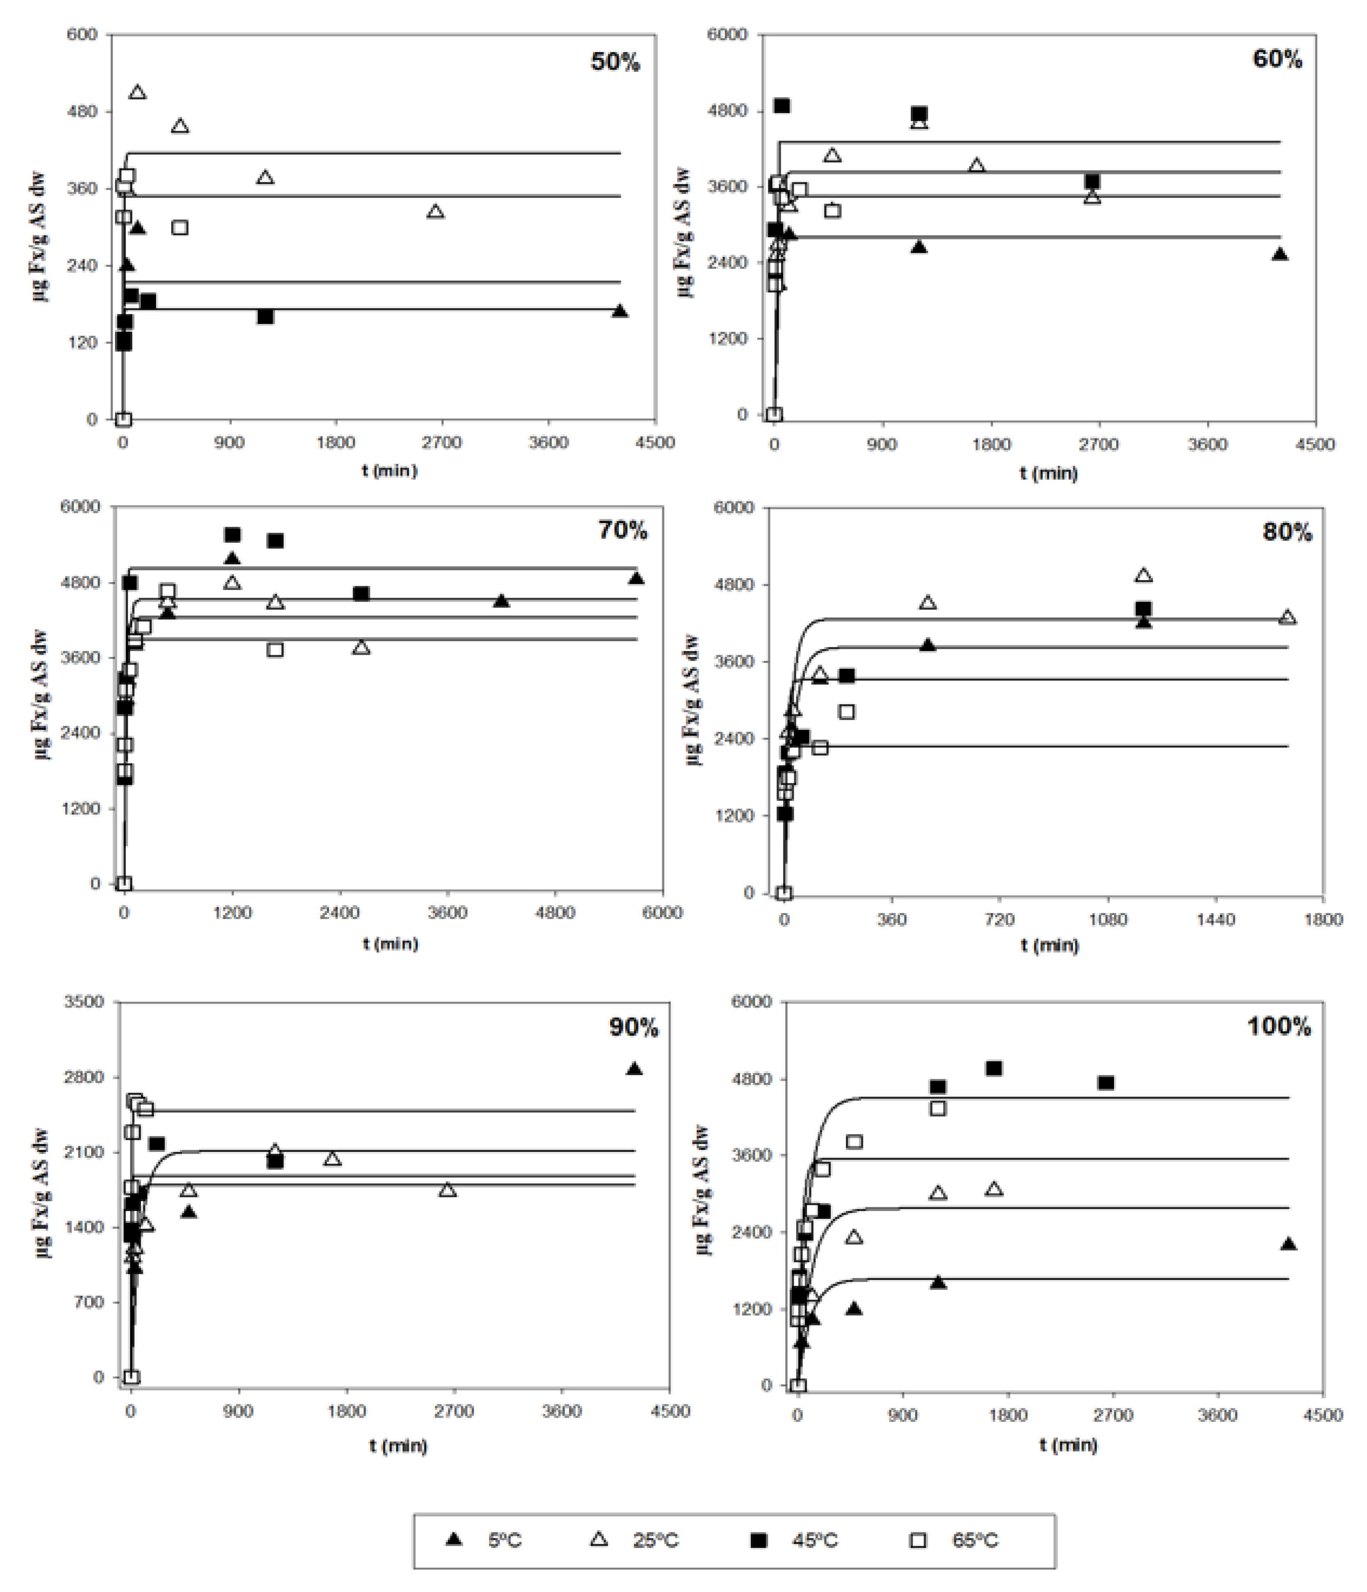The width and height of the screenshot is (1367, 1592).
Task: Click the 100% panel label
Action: [x=1279, y=1026]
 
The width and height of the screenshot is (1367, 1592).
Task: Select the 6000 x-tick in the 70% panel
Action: [x=662, y=912]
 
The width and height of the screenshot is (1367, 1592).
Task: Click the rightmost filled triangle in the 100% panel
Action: [x=1289, y=1243]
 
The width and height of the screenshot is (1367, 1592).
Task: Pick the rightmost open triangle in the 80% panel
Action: [x=1288, y=617]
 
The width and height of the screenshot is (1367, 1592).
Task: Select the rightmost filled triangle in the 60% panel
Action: [x=1280, y=254]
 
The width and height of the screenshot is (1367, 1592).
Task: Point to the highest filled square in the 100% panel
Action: [x=994, y=1068]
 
